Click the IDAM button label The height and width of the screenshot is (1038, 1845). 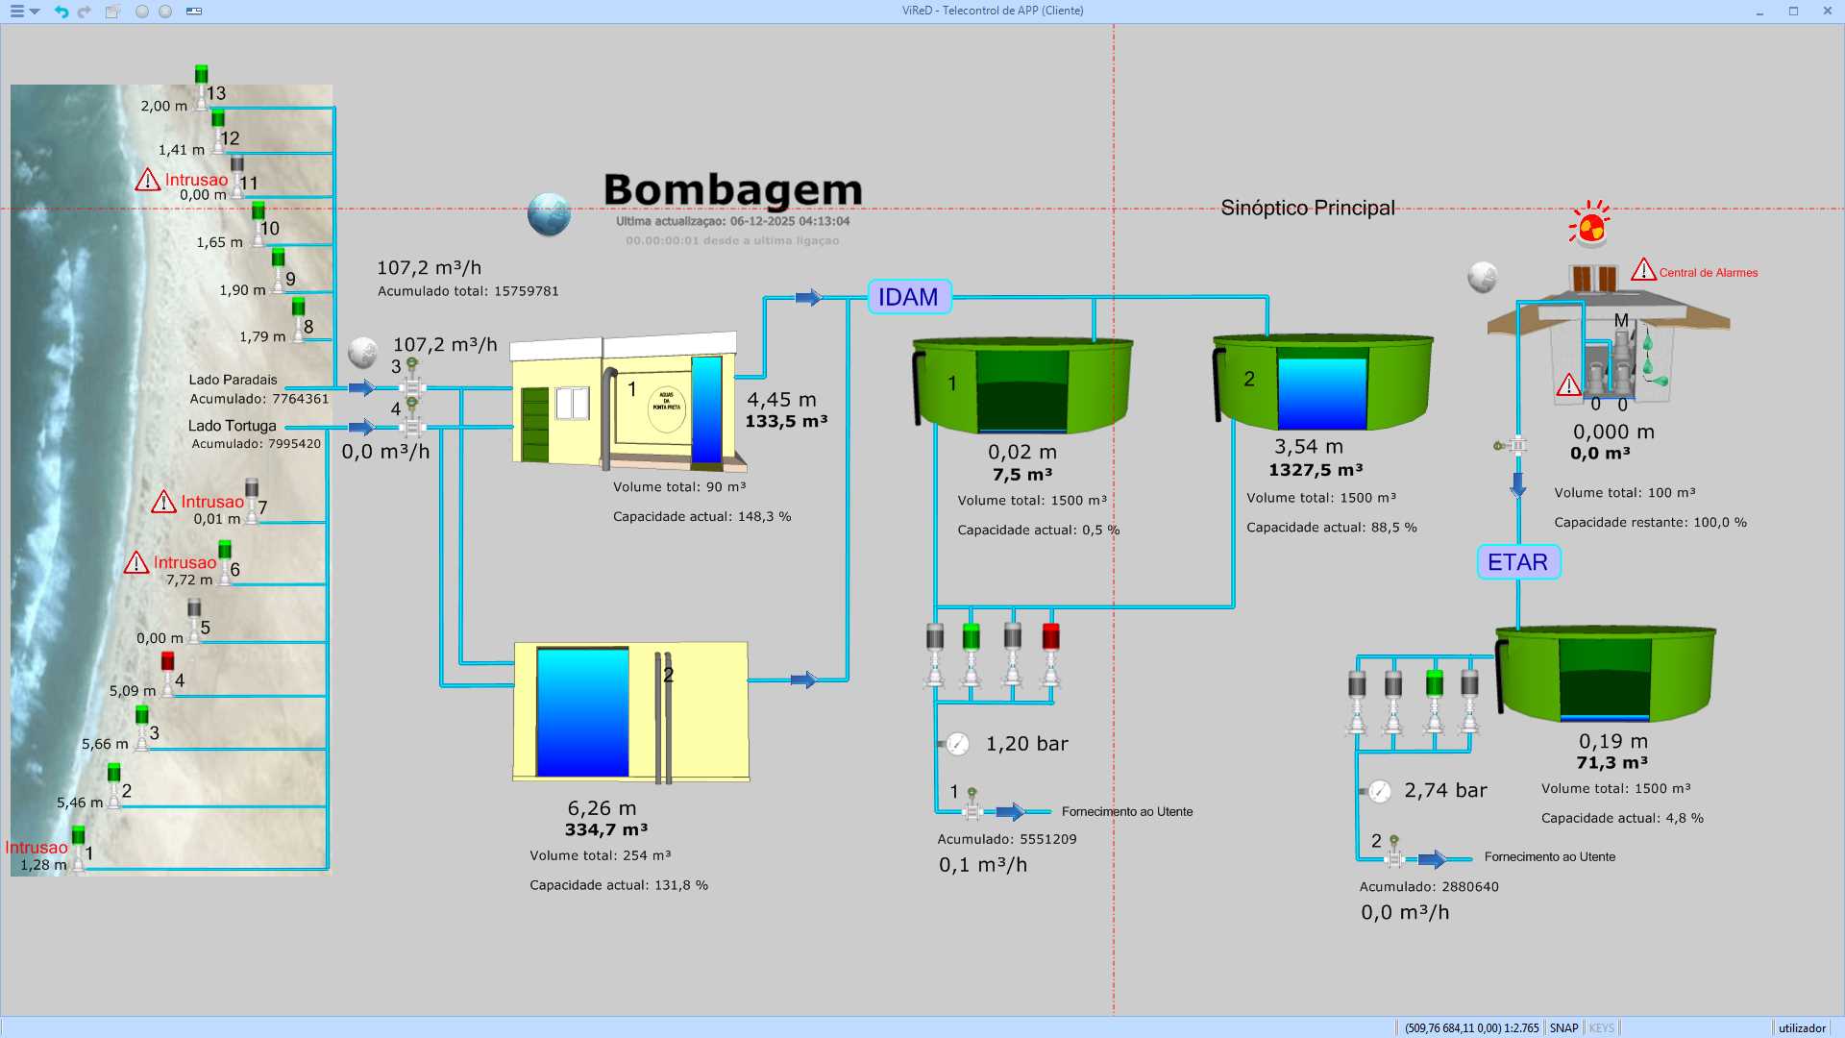click(x=908, y=297)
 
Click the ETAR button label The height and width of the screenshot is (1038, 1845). click(x=1517, y=562)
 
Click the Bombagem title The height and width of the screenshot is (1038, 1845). click(x=732, y=190)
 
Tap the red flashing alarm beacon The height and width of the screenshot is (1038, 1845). click(x=1590, y=226)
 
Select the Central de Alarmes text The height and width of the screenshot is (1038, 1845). click(x=1708, y=273)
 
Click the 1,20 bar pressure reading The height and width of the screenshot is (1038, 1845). click(x=1026, y=744)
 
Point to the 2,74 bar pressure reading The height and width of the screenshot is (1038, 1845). click(x=1444, y=791)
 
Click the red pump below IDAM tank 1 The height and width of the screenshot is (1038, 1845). click(x=1050, y=636)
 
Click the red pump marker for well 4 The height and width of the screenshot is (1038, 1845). click(x=167, y=661)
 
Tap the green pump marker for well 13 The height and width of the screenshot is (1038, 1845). click(x=201, y=74)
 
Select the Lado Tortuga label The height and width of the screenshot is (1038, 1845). click(x=232, y=426)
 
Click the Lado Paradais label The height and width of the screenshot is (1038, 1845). click(x=233, y=380)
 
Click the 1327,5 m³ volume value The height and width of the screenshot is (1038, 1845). click(x=1315, y=470)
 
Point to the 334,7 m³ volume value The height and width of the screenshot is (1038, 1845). click(x=605, y=829)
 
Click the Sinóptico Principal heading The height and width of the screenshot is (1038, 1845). click(x=1307, y=208)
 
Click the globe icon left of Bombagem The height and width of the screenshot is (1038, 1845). click(x=549, y=214)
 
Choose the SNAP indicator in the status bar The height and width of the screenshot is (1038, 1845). click(x=1563, y=1027)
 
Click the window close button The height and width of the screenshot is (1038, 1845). click(x=1827, y=11)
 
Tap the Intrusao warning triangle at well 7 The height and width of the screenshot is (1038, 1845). click(x=163, y=502)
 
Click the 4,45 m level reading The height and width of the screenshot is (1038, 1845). click(x=781, y=400)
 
